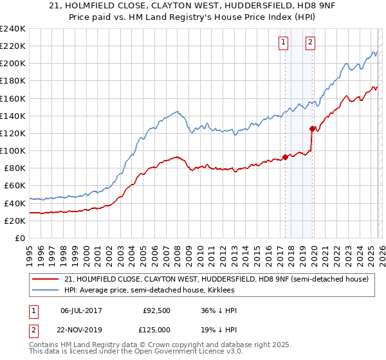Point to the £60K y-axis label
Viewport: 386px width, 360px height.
point(14,185)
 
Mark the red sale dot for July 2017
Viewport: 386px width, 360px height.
point(285,157)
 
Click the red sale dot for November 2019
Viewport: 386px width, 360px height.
point(312,129)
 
